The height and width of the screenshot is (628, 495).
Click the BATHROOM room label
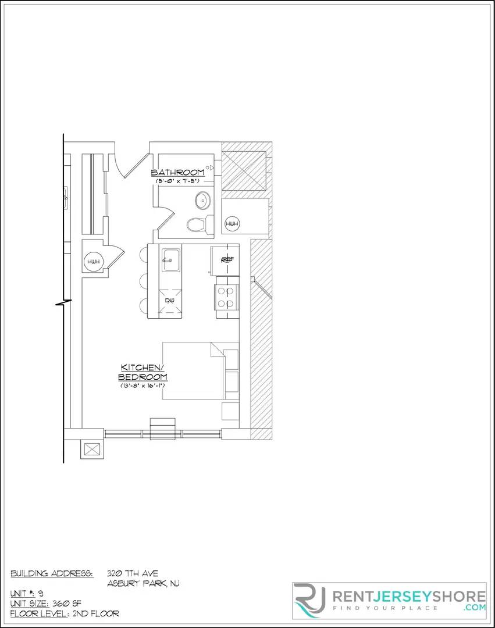(177, 172)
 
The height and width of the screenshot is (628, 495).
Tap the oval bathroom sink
(202, 201)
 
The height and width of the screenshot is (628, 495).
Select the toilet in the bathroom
(195, 224)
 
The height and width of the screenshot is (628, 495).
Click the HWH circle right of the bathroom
(232, 224)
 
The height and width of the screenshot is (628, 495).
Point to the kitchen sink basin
(170, 261)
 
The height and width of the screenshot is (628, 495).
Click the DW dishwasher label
(170, 301)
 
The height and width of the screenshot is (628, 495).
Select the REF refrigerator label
(226, 260)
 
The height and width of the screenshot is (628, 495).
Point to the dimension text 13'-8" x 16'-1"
(143, 385)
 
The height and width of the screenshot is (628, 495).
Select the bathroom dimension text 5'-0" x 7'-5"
(177, 181)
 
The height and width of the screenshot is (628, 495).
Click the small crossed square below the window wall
(92, 449)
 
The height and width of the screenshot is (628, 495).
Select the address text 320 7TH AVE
(133, 573)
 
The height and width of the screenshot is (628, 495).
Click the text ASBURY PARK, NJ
(143, 584)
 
